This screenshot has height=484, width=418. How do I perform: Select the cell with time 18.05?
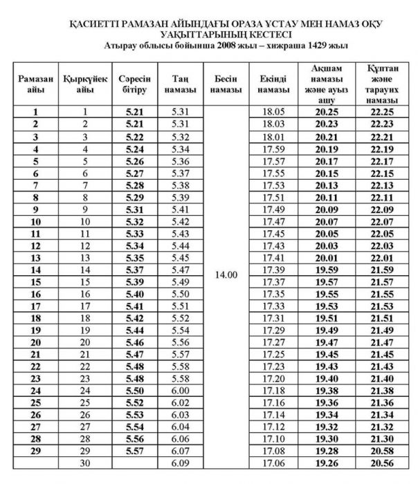click(x=273, y=111)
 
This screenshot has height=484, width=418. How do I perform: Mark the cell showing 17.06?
click(x=273, y=463)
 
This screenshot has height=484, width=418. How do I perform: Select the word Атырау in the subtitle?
click(x=114, y=45)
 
